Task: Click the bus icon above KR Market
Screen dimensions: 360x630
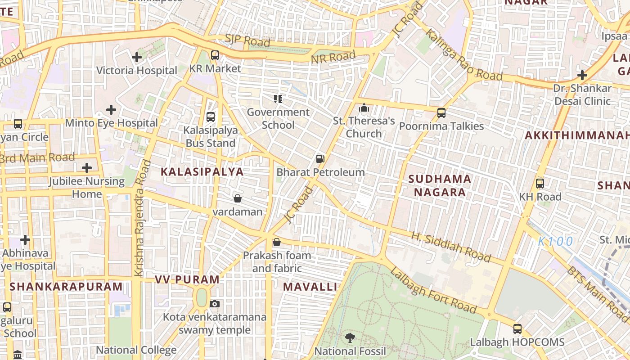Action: coord(215,55)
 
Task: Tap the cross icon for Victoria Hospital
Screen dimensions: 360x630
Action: coord(137,57)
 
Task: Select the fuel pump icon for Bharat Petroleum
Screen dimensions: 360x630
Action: coord(320,158)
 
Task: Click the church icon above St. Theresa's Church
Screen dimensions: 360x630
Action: coord(364,108)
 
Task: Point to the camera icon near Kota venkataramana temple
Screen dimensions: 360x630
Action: coord(215,304)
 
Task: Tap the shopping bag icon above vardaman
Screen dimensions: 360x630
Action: coord(237,198)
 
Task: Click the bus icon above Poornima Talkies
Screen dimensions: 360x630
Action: coord(441,113)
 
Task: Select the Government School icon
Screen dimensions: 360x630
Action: coord(278,99)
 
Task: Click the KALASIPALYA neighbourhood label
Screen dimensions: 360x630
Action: coord(202,171)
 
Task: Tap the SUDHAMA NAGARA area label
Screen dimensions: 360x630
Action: coord(440,185)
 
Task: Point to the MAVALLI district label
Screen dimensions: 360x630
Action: coord(310,287)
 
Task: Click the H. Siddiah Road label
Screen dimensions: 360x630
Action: coord(450,247)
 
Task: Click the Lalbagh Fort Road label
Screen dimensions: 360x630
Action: coord(433,291)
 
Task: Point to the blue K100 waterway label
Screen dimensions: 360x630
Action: coord(556,241)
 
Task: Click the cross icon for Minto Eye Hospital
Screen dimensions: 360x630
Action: coord(111,110)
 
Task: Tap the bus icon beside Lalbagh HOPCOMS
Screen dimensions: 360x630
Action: coord(517,329)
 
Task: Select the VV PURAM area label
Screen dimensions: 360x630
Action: coord(187,279)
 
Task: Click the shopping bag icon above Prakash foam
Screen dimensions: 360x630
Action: coord(277,243)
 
